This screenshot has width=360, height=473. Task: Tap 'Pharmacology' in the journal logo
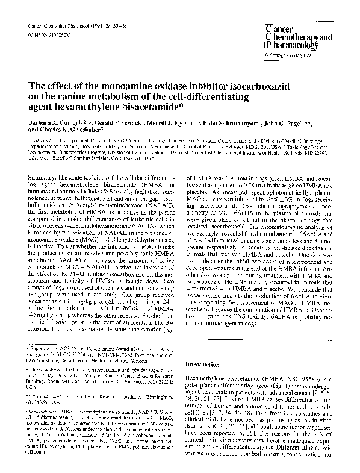click(x=291, y=44)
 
